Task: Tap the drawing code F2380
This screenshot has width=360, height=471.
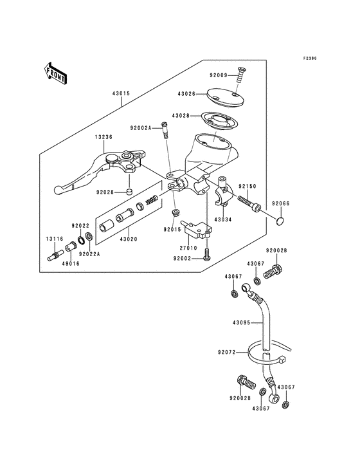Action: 312,59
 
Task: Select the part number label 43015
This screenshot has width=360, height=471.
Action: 121,93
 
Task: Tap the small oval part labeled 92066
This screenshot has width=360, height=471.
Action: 279,222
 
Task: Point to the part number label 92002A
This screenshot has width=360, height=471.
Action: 140,129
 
